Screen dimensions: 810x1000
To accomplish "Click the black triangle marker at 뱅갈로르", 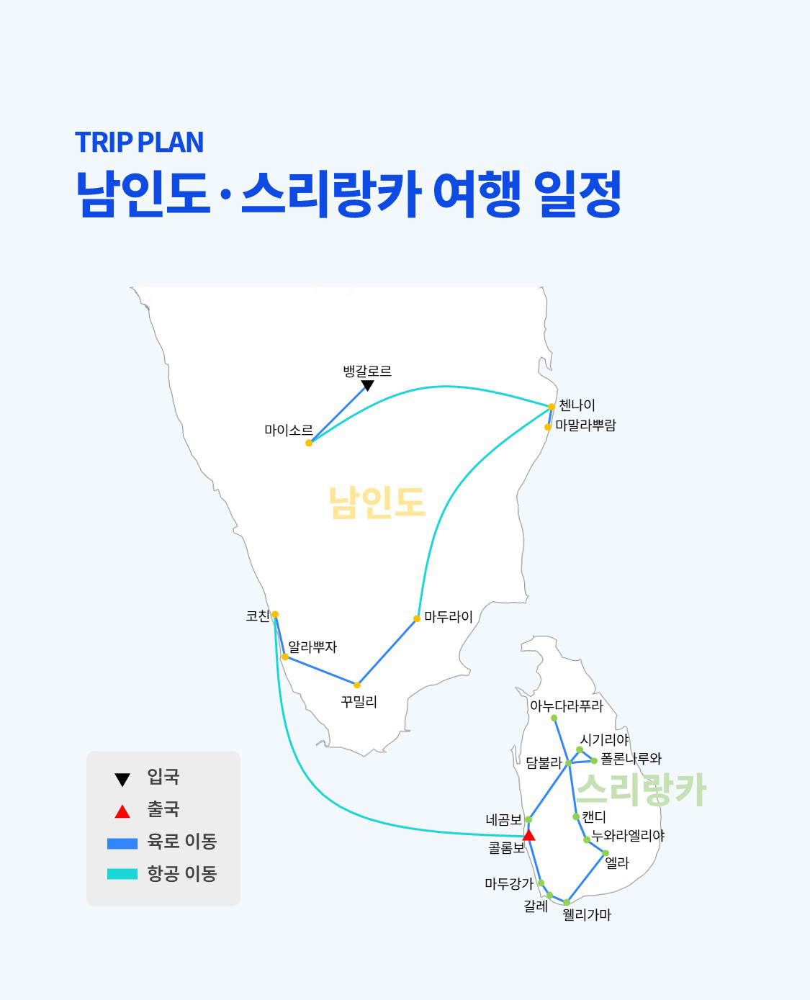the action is pos(367,386).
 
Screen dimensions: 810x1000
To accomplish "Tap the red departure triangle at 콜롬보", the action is pos(528,835).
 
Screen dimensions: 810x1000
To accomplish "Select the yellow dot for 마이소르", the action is pos(309,443).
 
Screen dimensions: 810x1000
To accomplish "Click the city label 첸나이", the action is pos(577,405).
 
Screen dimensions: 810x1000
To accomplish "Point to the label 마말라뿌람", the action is pos(585,425).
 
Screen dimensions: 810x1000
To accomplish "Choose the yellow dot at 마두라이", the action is pos(417,618).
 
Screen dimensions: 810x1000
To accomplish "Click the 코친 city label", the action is pos(257,616).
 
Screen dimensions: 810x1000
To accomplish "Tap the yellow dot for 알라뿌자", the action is pos(285,657).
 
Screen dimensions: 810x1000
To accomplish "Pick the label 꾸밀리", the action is pos(359,701).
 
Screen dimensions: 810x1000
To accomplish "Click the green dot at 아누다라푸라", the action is pos(554,718).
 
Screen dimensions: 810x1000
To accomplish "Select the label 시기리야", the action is pos(604,739).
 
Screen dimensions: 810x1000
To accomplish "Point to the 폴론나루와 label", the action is pos(631,758).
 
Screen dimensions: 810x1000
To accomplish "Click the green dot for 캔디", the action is pos(576,816).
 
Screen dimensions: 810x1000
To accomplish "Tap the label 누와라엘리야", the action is pos(627,836).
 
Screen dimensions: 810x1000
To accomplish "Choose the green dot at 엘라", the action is pos(606,853).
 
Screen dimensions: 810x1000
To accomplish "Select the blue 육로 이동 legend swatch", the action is pos(122,842).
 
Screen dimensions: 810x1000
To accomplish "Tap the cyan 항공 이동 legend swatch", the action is pos(122,874).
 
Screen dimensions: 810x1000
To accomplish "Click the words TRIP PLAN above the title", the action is pos(139,143).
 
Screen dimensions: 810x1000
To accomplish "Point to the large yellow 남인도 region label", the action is pos(377,503).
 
